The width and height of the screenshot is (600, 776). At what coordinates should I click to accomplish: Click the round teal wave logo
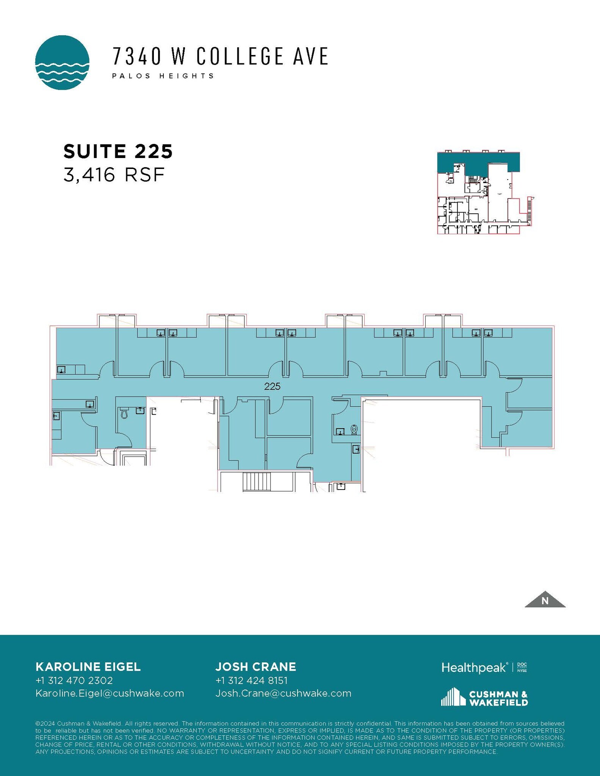point(62,63)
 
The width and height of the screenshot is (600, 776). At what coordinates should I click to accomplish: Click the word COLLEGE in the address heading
point(240,56)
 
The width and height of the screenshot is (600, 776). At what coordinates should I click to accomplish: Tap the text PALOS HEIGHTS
point(163,76)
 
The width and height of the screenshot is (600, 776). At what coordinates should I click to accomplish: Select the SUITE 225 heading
point(118,151)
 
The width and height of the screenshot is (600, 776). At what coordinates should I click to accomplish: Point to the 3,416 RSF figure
point(114,175)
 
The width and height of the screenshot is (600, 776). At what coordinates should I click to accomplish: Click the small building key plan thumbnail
point(485,192)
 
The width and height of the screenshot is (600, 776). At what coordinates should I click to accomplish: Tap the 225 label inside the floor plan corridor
point(272,386)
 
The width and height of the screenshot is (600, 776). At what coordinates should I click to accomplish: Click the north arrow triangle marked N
point(545,601)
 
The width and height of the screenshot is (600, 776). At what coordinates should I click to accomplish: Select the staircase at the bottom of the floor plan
point(257,482)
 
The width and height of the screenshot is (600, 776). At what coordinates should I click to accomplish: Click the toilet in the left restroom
point(124,413)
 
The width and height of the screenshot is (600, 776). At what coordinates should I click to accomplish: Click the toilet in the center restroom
point(354,429)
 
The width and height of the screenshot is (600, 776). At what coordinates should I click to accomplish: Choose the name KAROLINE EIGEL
point(88,667)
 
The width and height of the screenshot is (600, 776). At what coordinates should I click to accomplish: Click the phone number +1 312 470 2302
point(74,681)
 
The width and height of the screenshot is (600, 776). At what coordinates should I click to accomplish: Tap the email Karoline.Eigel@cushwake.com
point(110,693)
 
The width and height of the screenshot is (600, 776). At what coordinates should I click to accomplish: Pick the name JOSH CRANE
point(256,667)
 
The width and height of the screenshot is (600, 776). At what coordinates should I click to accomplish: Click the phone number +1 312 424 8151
point(251,681)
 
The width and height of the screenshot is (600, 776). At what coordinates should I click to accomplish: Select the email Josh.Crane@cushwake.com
point(283,693)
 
